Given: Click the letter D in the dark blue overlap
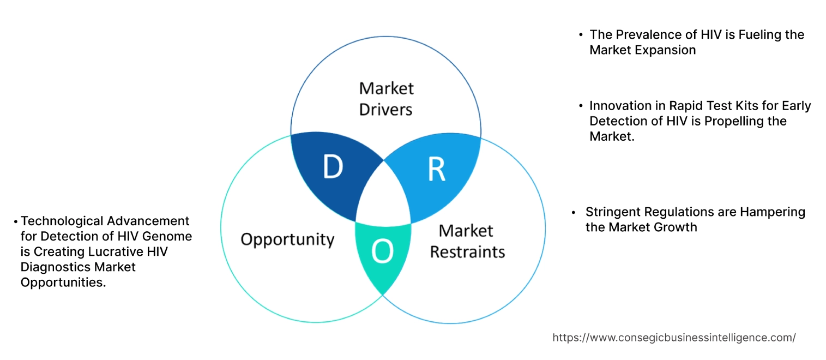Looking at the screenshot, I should [333, 167].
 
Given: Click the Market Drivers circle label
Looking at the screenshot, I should [386, 99].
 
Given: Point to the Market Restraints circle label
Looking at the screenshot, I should [467, 241].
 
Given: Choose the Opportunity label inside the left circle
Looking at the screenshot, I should [287, 239].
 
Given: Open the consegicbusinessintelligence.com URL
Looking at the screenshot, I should [674, 338].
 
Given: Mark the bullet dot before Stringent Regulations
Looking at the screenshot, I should [574, 212].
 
